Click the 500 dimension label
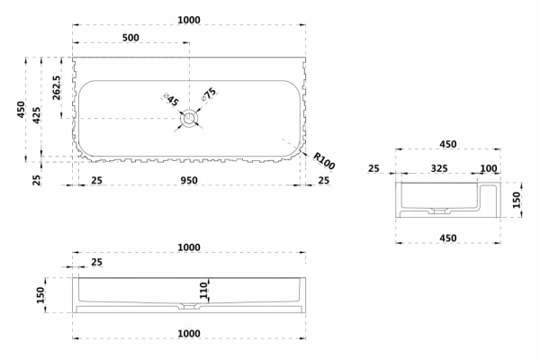[130, 37]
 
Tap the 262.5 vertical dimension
[57, 88]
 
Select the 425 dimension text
[37, 116]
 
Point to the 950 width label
[189, 180]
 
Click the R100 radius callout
[324, 160]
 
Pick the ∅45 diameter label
[171, 100]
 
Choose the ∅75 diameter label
[209, 94]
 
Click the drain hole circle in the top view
[189, 118]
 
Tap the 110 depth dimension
[204, 290]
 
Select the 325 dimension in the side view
[439, 168]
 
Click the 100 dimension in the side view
[489, 168]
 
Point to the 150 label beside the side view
[517, 200]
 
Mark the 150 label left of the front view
[40, 295]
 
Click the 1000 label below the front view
[189, 334]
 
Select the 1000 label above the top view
[189, 20]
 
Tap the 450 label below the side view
[448, 238]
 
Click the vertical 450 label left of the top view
[22, 110]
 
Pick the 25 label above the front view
[97, 262]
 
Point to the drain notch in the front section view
[189, 306]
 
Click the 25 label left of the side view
[373, 168]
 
